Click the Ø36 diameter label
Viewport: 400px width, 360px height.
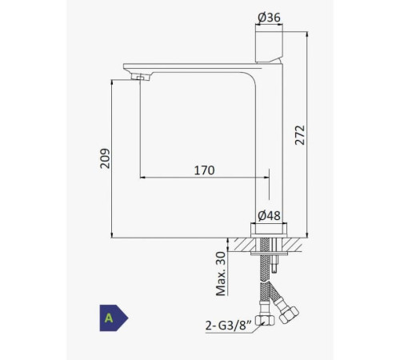pyautogui.click(x=269, y=18)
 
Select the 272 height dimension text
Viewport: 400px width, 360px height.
pyautogui.click(x=300, y=135)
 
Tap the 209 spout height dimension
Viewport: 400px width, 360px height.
pyautogui.click(x=105, y=158)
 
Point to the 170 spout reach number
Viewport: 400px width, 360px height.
pyautogui.click(x=204, y=170)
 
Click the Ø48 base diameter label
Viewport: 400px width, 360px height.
pyautogui.click(x=270, y=216)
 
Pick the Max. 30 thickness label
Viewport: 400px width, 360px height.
pyautogui.click(x=221, y=274)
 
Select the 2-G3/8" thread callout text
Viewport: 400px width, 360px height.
pyautogui.click(x=229, y=326)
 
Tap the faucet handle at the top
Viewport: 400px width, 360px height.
pyautogui.click(x=269, y=47)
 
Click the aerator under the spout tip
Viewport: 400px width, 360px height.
pyautogui.click(x=139, y=78)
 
